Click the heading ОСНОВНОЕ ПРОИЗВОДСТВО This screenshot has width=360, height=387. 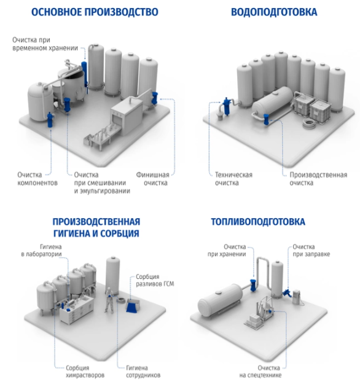pos(95,12)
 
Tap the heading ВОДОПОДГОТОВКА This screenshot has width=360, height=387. pos(274,12)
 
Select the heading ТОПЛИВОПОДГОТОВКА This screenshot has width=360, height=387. pos(258,222)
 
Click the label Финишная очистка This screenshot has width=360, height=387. pos(153,179)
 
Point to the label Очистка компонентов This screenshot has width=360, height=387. pos(37,179)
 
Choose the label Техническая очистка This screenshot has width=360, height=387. pos(233,179)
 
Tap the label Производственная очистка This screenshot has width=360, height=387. pos(318,179)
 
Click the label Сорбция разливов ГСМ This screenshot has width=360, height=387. pos(155,280)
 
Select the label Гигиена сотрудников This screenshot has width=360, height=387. pos(143,372)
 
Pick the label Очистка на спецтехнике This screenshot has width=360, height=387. pos(260,372)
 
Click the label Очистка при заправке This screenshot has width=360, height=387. pos(311,251)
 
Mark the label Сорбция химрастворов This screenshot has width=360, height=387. pos(85,372)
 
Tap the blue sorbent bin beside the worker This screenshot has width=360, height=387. pos(132,306)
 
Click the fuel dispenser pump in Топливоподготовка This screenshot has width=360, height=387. pos(297,297)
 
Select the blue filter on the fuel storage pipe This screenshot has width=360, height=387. pos(253,285)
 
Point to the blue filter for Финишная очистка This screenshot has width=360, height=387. pos(155,98)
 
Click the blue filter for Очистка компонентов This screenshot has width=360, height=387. pos(50,119)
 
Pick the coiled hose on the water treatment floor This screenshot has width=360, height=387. pos(309,123)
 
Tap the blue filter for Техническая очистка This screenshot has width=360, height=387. pos(227,106)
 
